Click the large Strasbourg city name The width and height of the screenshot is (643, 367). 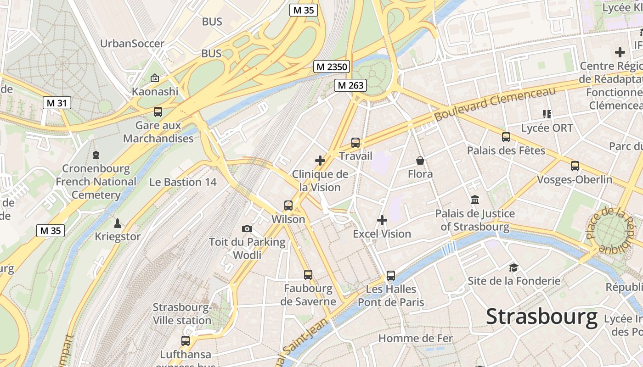click(541, 317)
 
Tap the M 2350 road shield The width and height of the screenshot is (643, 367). click(332, 67)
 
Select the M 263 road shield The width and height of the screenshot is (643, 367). click(350, 85)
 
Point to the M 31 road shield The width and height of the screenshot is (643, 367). click(57, 103)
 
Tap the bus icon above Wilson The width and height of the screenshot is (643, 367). click(288, 205)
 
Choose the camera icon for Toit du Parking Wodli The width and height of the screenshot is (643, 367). click(247, 228)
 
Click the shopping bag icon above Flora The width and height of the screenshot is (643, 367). click(420, 161)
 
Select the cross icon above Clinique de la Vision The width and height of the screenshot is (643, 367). click(320, 161)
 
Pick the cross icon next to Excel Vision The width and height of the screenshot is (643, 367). click(382, 220)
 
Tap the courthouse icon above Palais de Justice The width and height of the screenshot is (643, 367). click(475, 200)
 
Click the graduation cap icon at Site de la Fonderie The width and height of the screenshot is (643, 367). click(513, 267)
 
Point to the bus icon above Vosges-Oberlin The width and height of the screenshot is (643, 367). click(575, 166)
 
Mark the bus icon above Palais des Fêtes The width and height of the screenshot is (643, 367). click(506, 137)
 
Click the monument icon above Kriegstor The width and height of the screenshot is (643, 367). click(118, 223)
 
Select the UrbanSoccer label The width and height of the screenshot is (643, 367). click(132, 44)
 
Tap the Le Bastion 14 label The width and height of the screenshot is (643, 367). click(183, 182)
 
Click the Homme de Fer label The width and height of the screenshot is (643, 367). click(415, 339)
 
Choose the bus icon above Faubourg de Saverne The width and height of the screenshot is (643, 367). click(308, 274)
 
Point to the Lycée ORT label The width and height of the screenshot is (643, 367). click(547, 128)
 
